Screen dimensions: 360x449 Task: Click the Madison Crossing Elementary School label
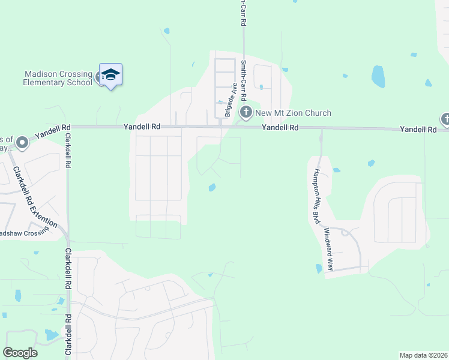click(58, 78)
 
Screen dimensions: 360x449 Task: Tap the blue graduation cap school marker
click(110, 75)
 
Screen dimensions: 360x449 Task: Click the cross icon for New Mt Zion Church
click(246, 112)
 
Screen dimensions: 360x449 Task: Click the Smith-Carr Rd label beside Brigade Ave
click(244, 80)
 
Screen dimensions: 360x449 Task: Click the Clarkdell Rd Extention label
click(35, 196)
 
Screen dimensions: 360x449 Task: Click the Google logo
click(20, 353)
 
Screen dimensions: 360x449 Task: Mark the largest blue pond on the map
click(378, 76)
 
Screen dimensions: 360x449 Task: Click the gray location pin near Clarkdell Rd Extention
click(22, 143)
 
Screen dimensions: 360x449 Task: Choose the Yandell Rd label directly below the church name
click(280, 128)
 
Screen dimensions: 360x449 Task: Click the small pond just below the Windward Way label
click(318, 269)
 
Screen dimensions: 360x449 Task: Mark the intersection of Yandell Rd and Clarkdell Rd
click(68, 127)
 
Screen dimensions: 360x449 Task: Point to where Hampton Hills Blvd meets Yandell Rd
click(321, 128)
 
